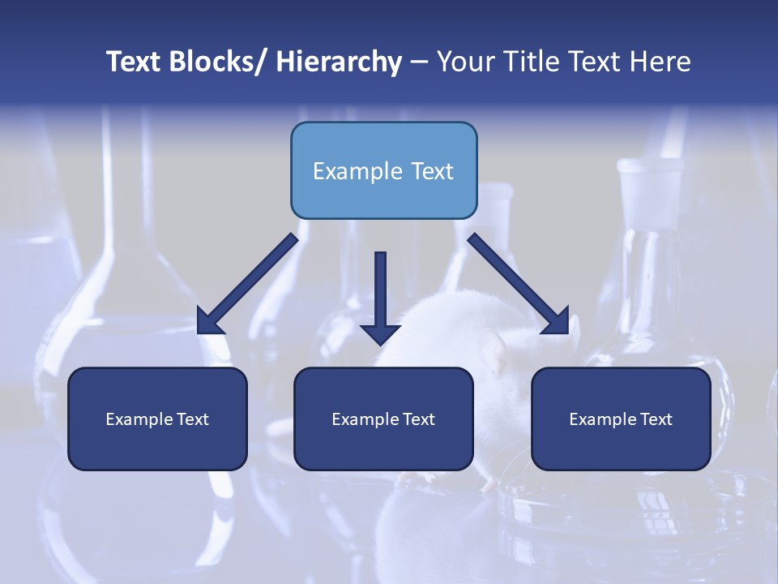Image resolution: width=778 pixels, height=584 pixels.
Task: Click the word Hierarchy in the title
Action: click(339, 62)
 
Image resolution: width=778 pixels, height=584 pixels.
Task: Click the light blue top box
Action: click(383, 170)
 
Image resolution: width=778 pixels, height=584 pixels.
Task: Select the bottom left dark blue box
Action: click(157, 419)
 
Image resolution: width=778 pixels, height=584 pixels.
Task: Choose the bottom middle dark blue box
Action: click(383, 419)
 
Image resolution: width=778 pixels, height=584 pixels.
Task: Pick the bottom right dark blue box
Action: click(621, 419)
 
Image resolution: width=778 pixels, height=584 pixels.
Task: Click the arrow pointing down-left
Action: click(248, 284)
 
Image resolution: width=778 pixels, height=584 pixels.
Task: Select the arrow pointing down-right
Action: click(519, 284)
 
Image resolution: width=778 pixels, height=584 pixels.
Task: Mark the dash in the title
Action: click(419, 62)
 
